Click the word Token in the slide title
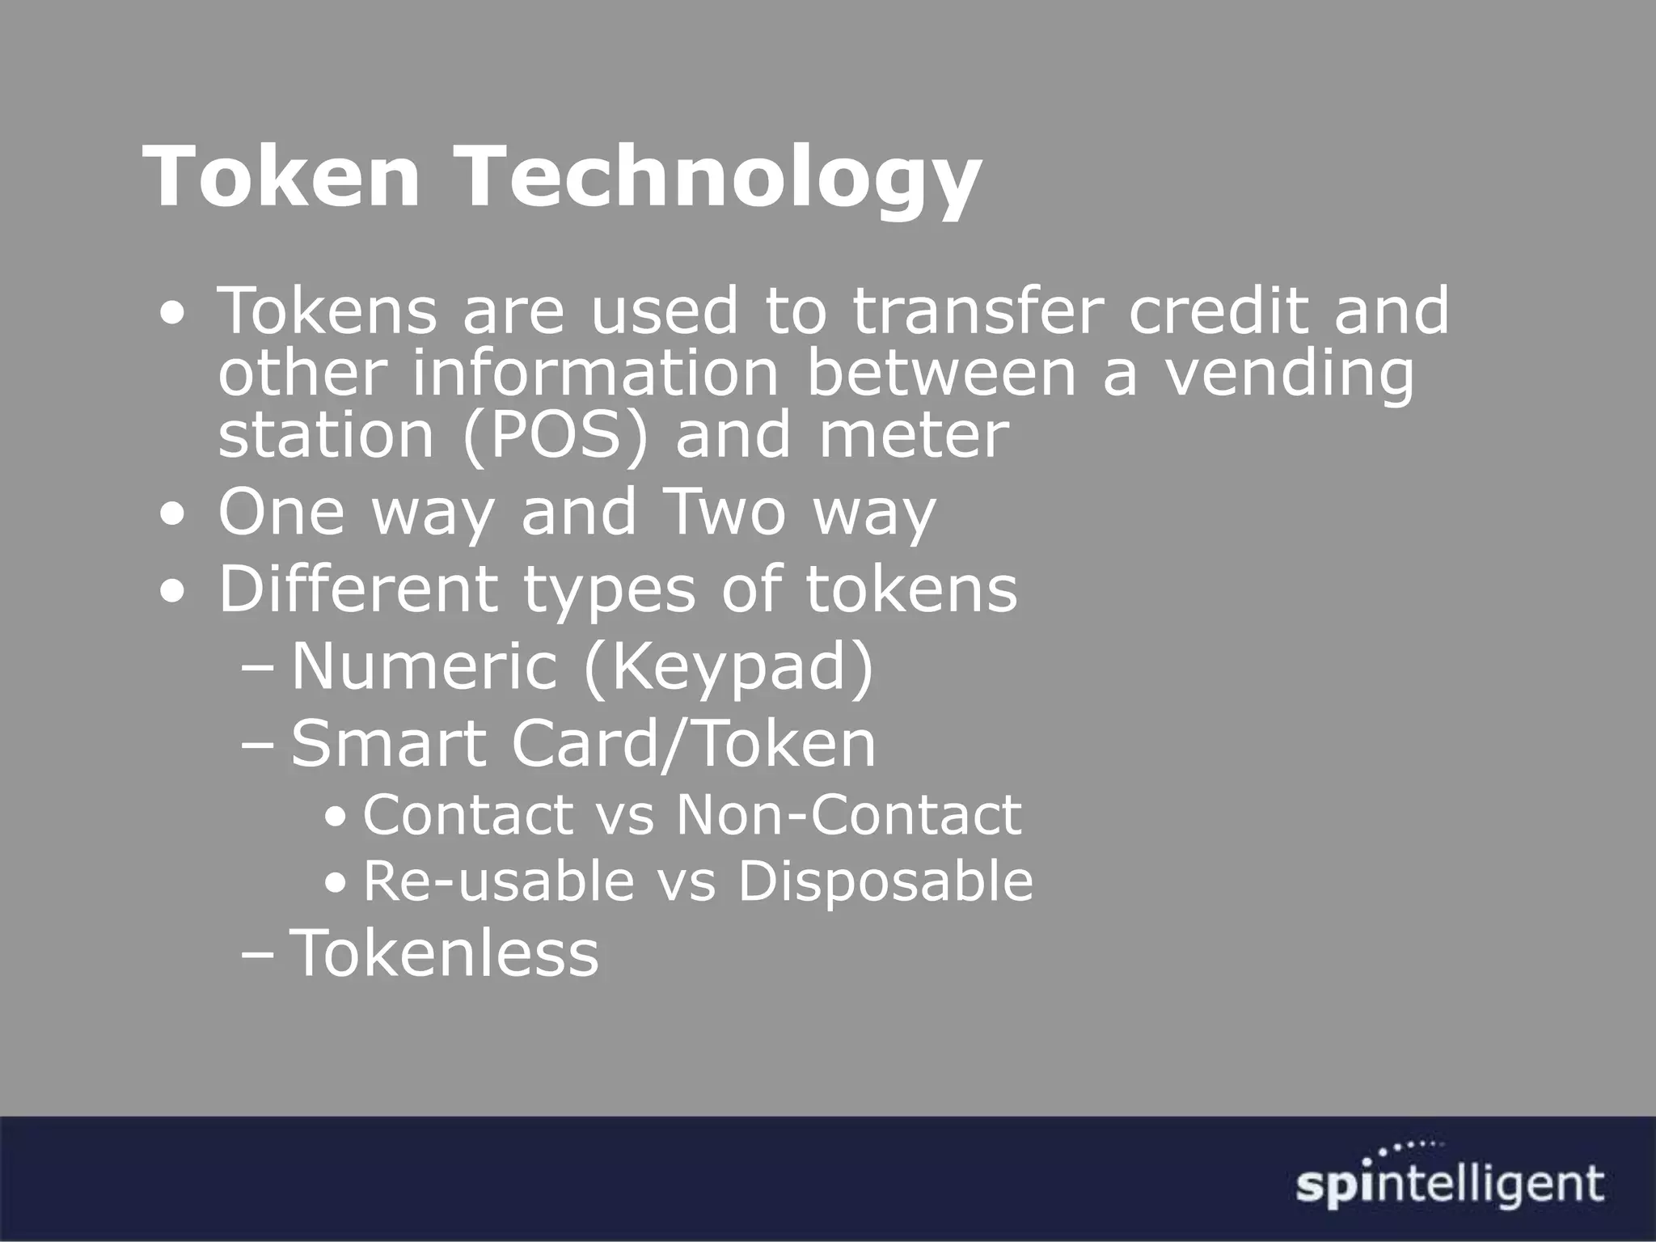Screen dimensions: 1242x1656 pyautogui.click(x=282, y=176)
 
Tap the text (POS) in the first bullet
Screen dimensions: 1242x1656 pyautogui.click(x=556, y=435)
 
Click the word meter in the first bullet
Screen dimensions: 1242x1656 pyautogui.click(x=914, y=435)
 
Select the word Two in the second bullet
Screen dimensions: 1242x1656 pyautogui.click(x=724, y=512)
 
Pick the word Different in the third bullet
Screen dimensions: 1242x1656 pyautogui.click(x=358, y=589)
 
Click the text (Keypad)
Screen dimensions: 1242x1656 pyautogui.click(x=729, y=668)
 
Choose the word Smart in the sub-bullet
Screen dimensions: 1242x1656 pyautogui.click(x=388, y=744)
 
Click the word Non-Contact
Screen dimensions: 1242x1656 pyautogui.click(x=849, y=814)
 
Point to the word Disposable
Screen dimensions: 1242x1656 pyautogui.click(x=885, y=881)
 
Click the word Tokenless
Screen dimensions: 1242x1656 pyautogui.click(x=445, y=953)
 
